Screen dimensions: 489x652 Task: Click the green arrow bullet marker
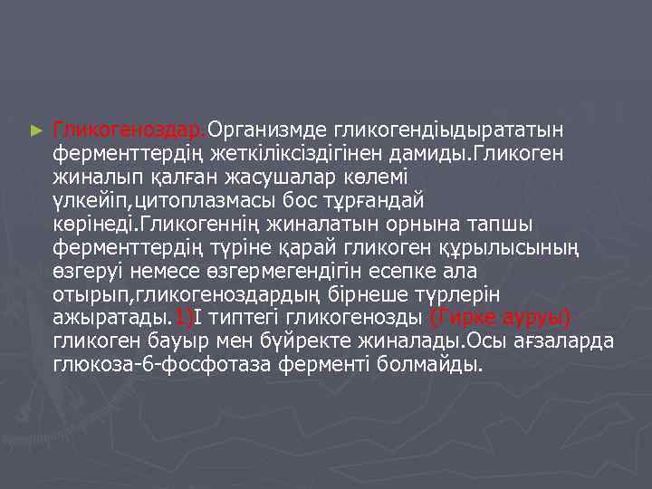point(36,130)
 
